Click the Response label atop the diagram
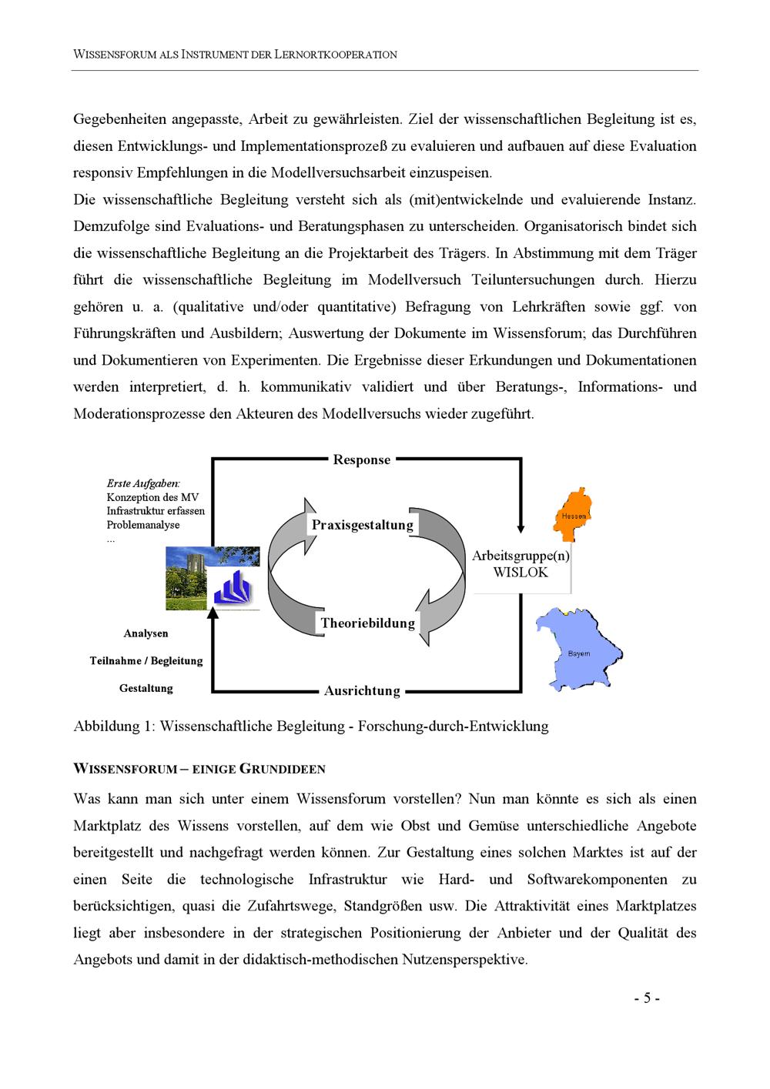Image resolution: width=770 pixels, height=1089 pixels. point(361,459)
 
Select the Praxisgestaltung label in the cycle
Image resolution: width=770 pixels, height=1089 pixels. point(362,525)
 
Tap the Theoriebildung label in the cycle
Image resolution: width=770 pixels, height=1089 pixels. point(367,623)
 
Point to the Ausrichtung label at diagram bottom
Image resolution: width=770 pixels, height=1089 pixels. point(362,690)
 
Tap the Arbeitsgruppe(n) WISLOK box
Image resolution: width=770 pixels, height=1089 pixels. point(521,564)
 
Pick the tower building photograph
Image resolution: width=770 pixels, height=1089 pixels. point(189,577)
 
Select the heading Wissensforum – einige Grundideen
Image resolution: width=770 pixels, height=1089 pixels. point(199,769)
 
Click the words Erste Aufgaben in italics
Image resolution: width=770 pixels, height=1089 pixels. point(143,484)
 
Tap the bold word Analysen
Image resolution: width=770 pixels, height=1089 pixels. point(146,633)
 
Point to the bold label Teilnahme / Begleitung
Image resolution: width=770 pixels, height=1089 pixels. point(146,660)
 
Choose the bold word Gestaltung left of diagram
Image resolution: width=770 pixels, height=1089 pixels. point(146,688)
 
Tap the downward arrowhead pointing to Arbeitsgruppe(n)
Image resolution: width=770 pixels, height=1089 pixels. point(521,528)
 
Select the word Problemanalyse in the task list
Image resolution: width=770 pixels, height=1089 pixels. point(143,525)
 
